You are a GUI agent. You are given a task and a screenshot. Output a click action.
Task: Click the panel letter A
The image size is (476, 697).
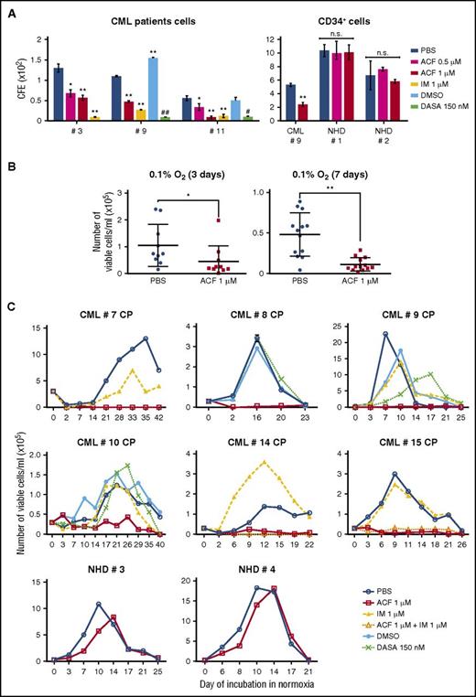point(10,10)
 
